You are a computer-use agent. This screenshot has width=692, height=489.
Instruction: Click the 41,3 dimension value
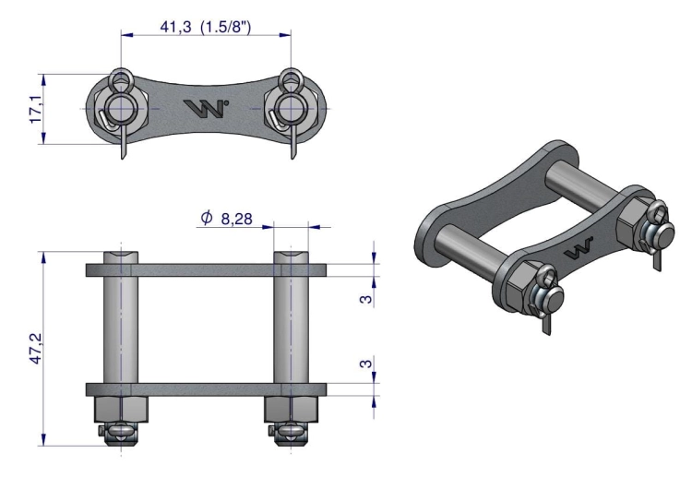(x=175, y=27)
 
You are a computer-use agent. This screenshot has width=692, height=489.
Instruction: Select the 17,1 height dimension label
(x=36, y=109)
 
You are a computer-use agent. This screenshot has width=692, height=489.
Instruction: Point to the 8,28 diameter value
(x=237, y=221)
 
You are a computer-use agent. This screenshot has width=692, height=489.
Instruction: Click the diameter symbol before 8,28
(x=206, y=220)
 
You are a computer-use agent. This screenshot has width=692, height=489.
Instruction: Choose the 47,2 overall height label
(x=36, y=349)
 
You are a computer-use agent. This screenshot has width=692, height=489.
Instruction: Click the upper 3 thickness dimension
(x=366, y=299)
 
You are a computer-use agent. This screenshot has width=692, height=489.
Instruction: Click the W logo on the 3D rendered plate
(x=579, y=249)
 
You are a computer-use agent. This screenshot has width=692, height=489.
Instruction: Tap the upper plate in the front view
(x=205, y=270)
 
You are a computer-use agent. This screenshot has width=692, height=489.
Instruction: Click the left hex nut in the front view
(x=120, y=407)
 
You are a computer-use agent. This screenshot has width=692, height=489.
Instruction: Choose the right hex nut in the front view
(x=291, y=407)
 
